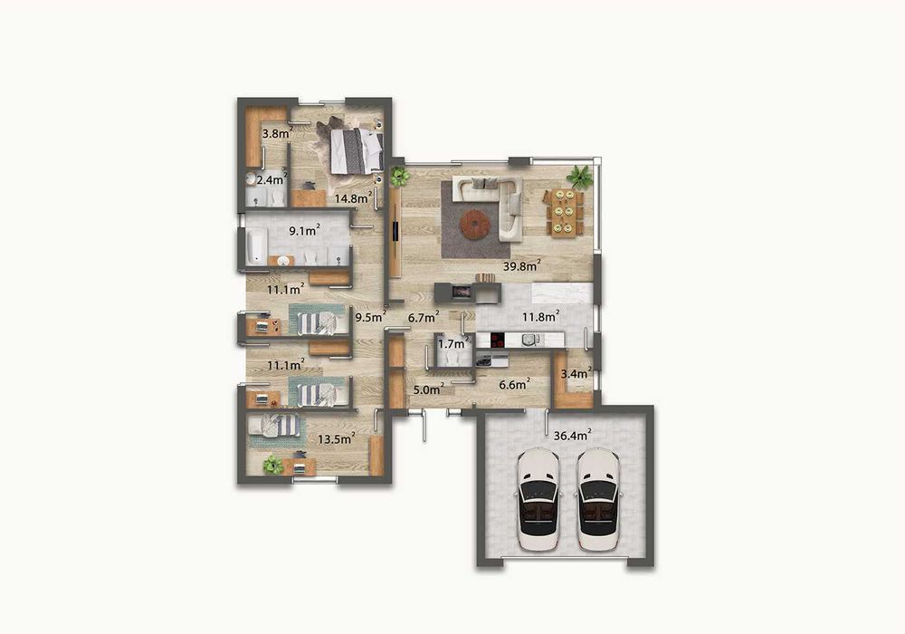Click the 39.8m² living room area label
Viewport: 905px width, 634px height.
pos(522,265)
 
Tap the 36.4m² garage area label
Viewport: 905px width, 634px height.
pos(572,436)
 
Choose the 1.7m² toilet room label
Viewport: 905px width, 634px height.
pos(452,343)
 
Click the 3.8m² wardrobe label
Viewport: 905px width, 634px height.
pos(275,134)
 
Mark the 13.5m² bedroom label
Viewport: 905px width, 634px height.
pos(335,439)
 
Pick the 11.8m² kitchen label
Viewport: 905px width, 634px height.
pos(539,316)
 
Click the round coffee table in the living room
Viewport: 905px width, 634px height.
pos(474,224)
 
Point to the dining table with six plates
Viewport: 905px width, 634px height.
pos(564,210)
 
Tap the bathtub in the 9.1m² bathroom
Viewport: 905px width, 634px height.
pos(256,245)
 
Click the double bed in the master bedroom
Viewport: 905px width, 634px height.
pos(356,150)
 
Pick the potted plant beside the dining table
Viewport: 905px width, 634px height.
pos(579,177)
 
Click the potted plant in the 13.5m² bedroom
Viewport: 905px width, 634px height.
pos(272,465)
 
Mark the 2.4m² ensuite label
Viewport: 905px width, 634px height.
pos(270,180)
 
